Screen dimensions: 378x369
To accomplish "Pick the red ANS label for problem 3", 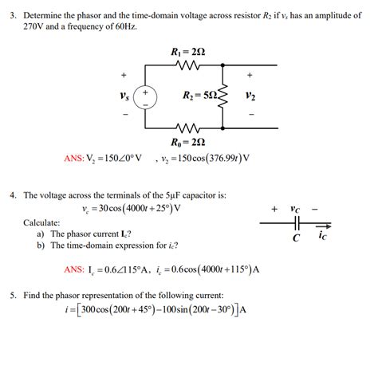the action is tap(73, 158).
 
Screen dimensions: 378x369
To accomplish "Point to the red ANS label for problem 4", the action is tap(74, 269).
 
